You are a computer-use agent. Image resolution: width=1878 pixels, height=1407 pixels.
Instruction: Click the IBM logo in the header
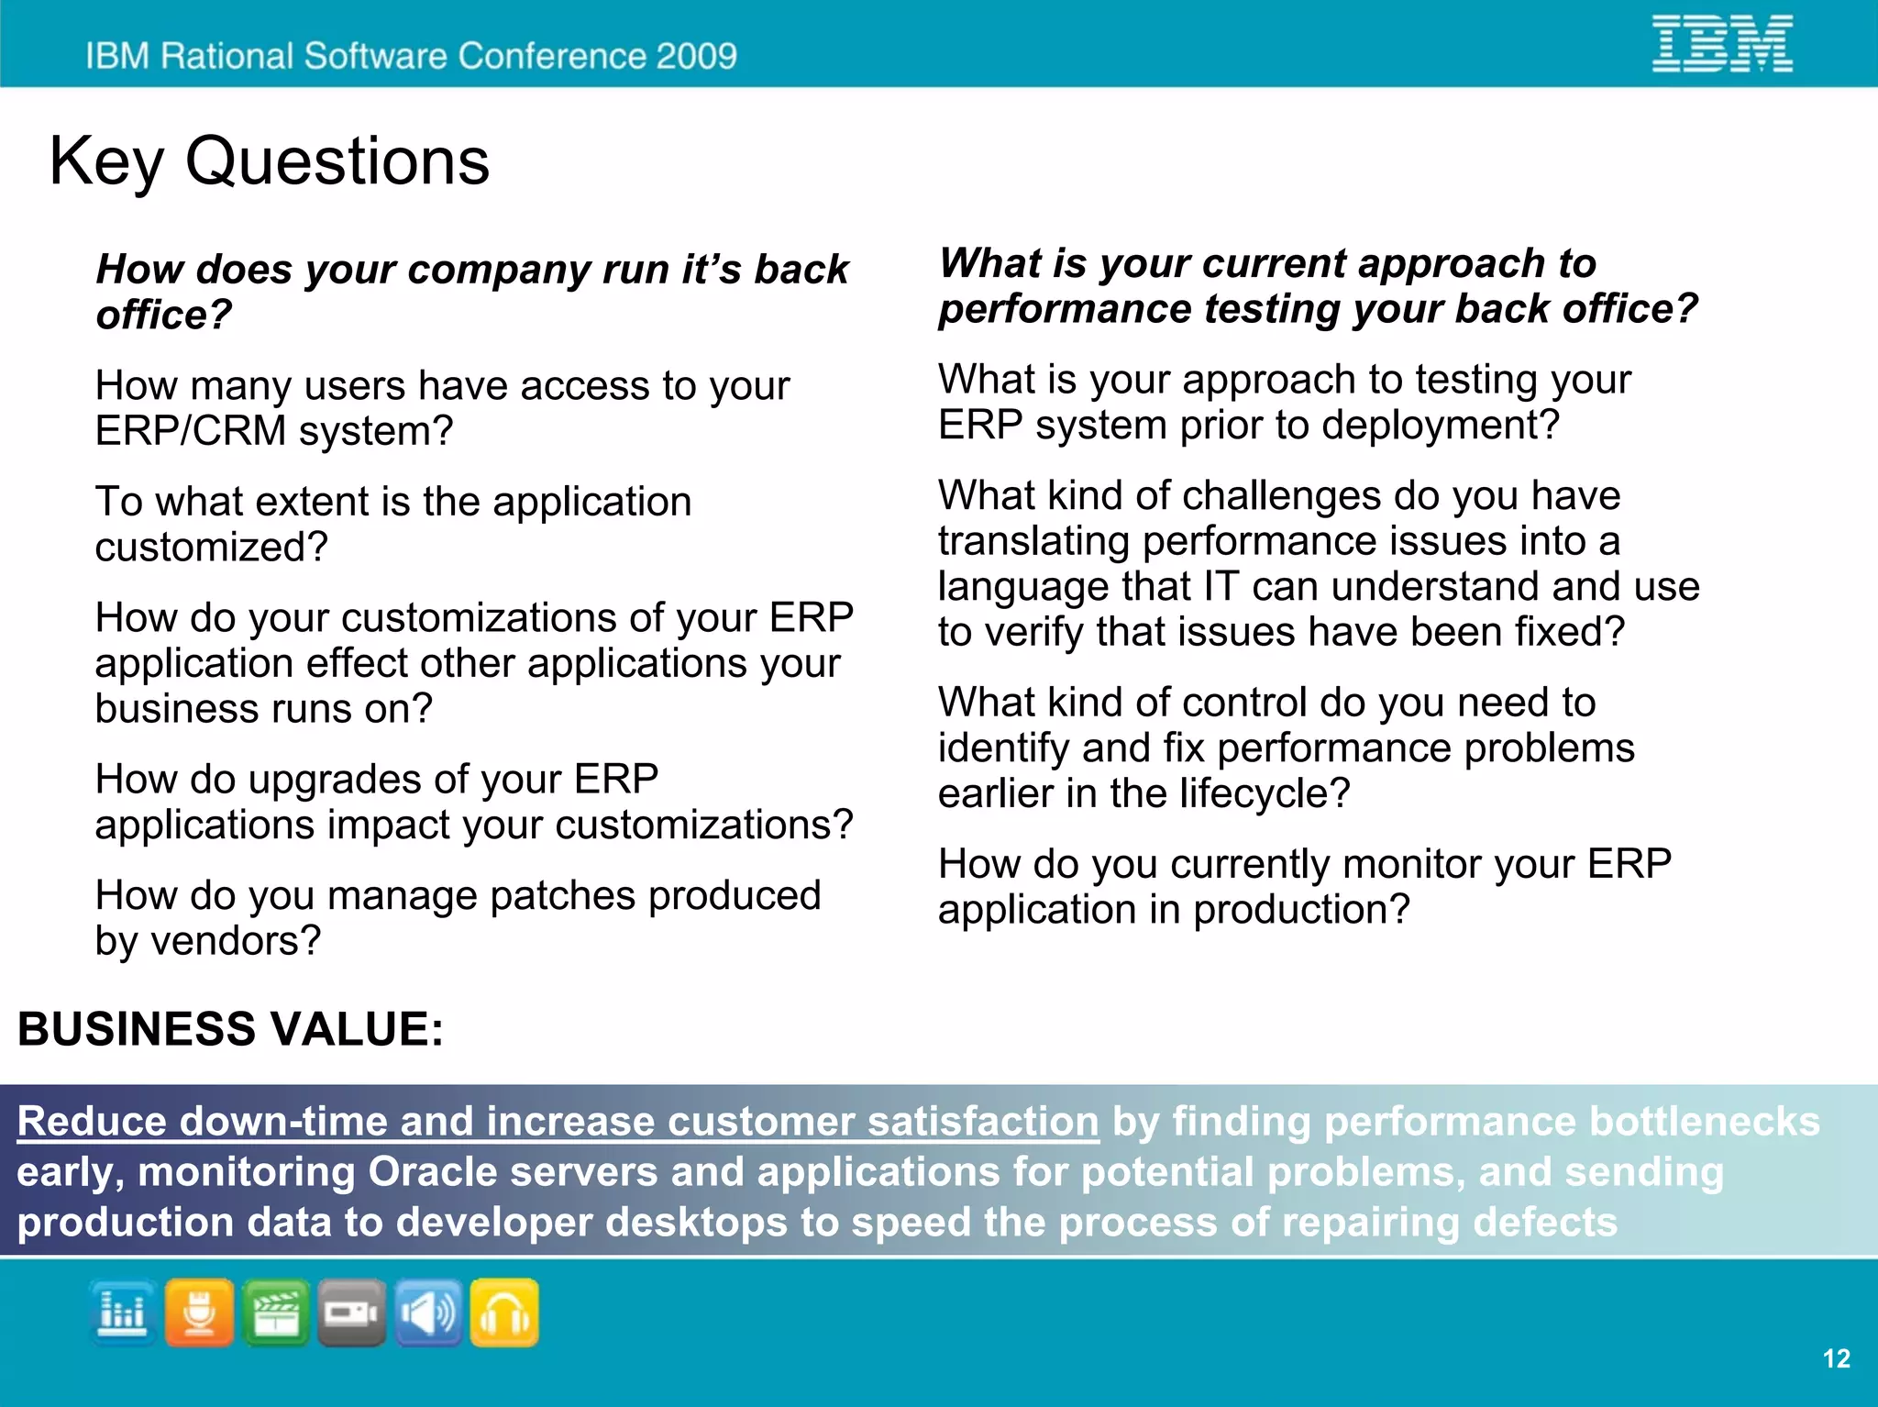[x=1722, y=43]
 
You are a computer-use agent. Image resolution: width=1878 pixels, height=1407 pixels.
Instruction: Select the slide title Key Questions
[x=269, y=161]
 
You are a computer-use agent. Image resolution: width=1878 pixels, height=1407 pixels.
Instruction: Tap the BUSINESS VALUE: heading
[x=230, y=1028]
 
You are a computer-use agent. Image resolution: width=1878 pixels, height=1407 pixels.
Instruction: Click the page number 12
[x=1836, y=1358]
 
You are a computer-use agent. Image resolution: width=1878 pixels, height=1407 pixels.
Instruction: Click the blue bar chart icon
[x=123, y=1313]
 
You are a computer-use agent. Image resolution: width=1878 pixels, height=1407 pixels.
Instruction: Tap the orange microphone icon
[x=199, y=1313]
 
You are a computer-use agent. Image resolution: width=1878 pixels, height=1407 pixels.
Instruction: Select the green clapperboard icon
[x=276, y=1313]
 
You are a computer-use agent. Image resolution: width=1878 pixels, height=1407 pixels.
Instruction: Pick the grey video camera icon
[x=352, y=1313]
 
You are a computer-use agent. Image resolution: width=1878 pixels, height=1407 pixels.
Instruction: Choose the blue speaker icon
[x=428, y=1313]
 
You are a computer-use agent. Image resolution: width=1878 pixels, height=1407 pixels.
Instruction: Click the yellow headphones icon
[x=504, y=1313]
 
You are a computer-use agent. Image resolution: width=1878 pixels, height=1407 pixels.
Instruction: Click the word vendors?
[x=236, y=940]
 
